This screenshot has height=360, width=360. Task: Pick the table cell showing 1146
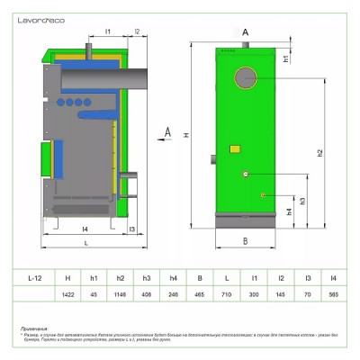[121, 294]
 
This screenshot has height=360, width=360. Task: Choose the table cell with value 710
[227, 294]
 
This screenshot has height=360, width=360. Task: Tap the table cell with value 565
[334, 294]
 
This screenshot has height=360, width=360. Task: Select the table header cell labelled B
[200, 278]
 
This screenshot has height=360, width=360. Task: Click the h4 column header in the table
[173, 278]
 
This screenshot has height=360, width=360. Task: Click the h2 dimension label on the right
[320, 153]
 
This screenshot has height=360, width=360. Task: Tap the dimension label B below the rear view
[245, 240]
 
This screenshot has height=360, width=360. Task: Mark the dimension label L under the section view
[85, 244]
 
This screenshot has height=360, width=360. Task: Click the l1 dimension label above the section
[106, 31]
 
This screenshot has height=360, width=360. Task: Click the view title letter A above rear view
[245, 31]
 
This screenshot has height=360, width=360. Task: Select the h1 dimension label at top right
[285, 58]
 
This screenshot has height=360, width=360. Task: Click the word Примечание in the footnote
[37, 329]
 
